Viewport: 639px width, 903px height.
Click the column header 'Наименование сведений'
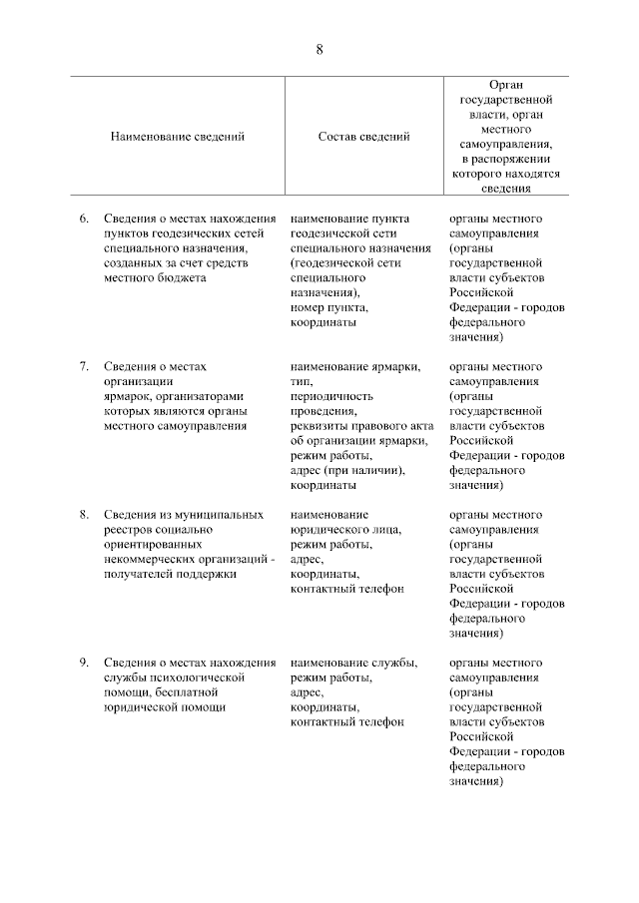pos(178,137)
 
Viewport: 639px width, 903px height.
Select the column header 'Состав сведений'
pos(363,137)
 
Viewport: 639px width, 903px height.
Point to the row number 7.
pos(84,366)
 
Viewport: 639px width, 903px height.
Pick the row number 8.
pos(84,514)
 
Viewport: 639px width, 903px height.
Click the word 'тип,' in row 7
pos(302,381)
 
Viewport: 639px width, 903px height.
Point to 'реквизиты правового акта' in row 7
pos(359,425)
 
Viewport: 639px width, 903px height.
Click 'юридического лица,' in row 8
pos(345,529)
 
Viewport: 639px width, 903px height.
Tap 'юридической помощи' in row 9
pos(164,706)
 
